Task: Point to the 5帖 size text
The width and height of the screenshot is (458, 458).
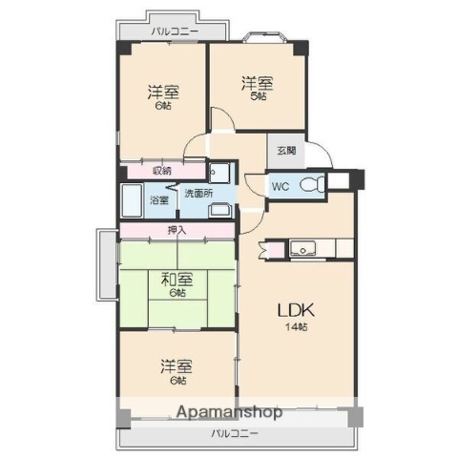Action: (259, 95)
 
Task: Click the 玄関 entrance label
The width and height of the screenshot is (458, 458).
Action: (286, 150)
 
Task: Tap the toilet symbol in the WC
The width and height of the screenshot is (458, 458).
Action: (311, 184)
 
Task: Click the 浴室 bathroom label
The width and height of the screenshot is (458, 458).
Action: (159, 200)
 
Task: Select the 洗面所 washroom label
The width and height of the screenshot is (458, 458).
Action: (198, 193)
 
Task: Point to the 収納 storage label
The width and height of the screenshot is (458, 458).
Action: (162, 171)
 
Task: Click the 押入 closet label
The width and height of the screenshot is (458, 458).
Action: (177, 230)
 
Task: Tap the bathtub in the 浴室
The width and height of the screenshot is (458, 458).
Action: (133, 201)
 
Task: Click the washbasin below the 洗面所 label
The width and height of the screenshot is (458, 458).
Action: (219, 211)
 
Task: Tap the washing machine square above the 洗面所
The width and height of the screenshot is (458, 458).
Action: (219, 173)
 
